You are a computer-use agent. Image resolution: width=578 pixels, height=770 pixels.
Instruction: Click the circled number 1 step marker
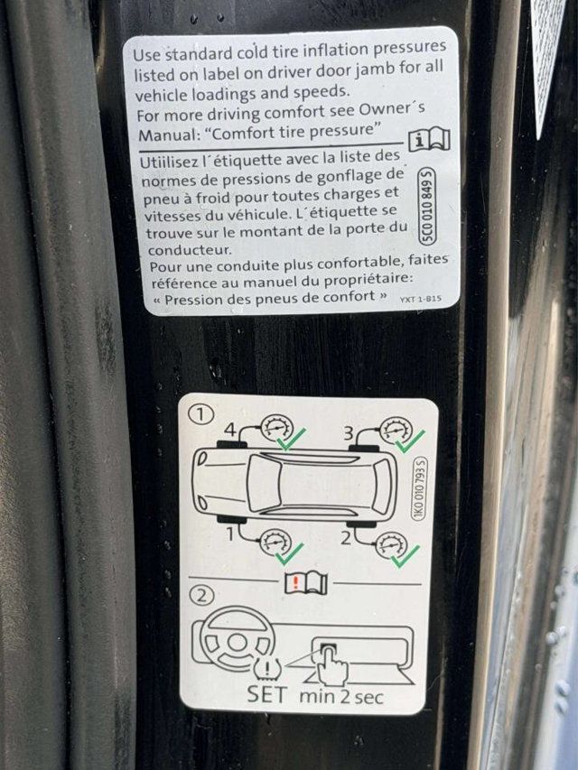coord(200,415)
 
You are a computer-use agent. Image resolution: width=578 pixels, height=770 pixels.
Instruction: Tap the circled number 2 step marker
coord(201,596)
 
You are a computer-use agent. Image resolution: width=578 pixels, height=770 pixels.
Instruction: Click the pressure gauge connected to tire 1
coord(275,542)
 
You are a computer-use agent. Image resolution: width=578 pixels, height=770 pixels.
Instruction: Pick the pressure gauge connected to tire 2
coord(391,544)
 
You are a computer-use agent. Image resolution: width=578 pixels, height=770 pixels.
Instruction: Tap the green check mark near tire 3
coord(410,441)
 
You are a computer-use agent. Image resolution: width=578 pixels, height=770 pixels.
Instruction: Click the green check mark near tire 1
coord(290,554)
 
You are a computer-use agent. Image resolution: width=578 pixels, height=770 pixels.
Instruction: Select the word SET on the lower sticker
coord(266,695)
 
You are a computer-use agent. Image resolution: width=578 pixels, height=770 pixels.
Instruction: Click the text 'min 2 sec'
coord(341,697)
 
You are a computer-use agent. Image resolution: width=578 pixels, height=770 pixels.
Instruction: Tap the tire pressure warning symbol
coord(267,667)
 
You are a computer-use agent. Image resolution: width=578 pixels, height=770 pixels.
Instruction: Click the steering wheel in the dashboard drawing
coord(237,639)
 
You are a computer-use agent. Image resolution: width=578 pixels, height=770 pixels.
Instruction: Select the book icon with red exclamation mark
coord(306,583)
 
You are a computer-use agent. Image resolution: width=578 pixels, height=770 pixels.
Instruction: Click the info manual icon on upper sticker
coord(429,141)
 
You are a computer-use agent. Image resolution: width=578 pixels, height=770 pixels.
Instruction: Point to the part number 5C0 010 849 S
coord(427,205)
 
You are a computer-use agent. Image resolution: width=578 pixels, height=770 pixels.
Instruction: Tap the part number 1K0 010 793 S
coord(419,487)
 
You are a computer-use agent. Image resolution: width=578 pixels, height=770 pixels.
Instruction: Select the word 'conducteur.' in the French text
coord(190,250)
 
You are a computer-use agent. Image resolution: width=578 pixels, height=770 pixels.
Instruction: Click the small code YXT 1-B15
coord(420,299)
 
